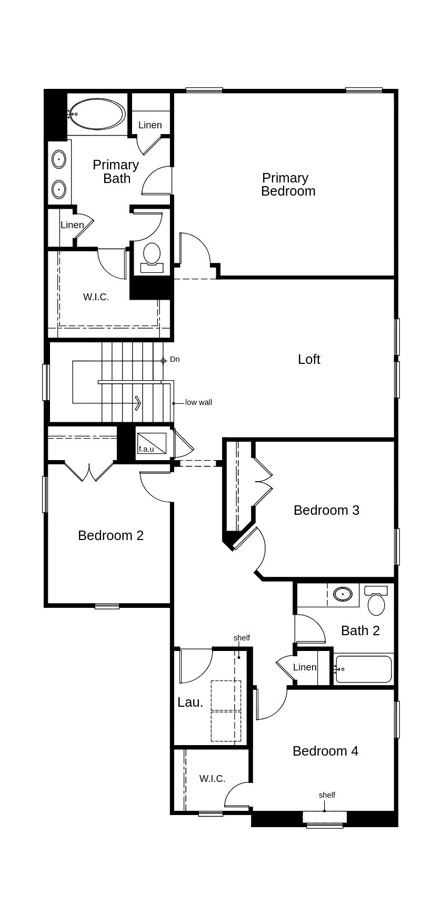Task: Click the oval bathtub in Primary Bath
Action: [97, 114]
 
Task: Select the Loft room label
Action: [309, 359]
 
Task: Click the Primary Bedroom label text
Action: [287, 185]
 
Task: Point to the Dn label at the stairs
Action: [175, 359]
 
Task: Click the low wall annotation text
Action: [198, 402]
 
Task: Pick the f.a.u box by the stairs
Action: [151, 443]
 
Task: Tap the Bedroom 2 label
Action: [110, 535]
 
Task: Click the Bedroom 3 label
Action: [326, 510]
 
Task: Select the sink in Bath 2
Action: [343, 594]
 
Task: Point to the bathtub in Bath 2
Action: [364, 669]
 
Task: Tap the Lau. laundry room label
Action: [190, 702]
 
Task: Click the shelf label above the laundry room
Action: [242, 638]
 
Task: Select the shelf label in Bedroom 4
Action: [327, 795]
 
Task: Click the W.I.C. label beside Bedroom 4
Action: [212, 779]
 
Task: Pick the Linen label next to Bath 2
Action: [305, 667]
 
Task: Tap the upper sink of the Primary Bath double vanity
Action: [58, 159]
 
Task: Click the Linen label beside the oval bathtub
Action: [150, 125]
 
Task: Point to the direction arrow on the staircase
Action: [137, 403]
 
